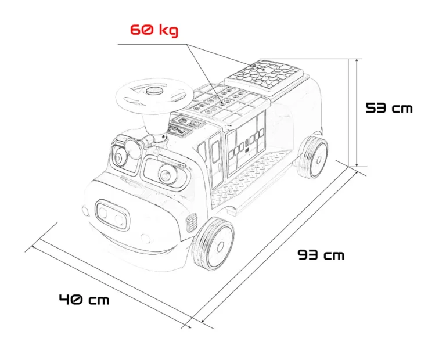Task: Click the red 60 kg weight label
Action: [x=154, y=30]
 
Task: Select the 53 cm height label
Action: [x=389, y=108]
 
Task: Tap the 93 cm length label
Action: [x=321, y=254]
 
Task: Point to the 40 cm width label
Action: [x=84, y=300]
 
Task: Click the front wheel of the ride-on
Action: [x=214, y=244]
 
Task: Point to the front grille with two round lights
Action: [x=112, y=215]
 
